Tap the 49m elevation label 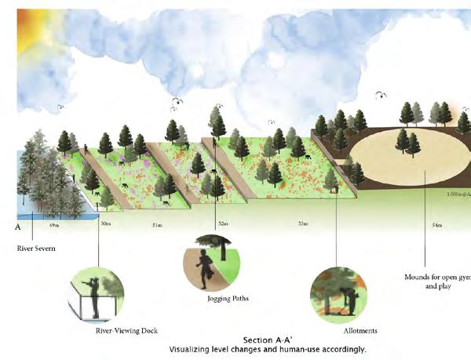tap(53, 226)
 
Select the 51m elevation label tap(157, 226)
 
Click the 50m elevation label tap(105, 226)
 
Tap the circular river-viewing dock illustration tap(97, 294)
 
